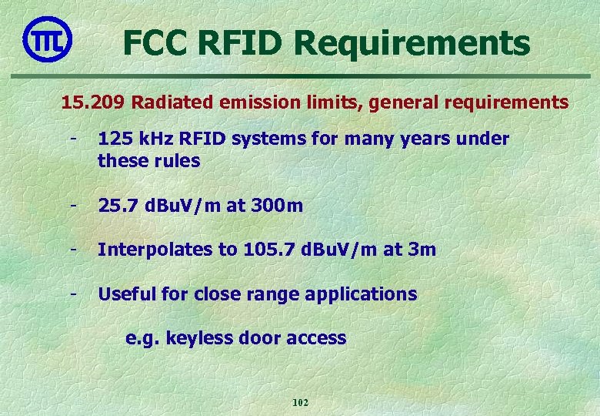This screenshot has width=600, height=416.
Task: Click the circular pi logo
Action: pos(48,38)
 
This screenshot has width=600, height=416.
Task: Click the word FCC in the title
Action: pos(158,42)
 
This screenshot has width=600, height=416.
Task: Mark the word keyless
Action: pos(189,338)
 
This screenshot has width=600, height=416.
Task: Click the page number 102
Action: pos(300,403)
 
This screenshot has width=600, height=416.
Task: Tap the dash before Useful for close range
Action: pos(73,294)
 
